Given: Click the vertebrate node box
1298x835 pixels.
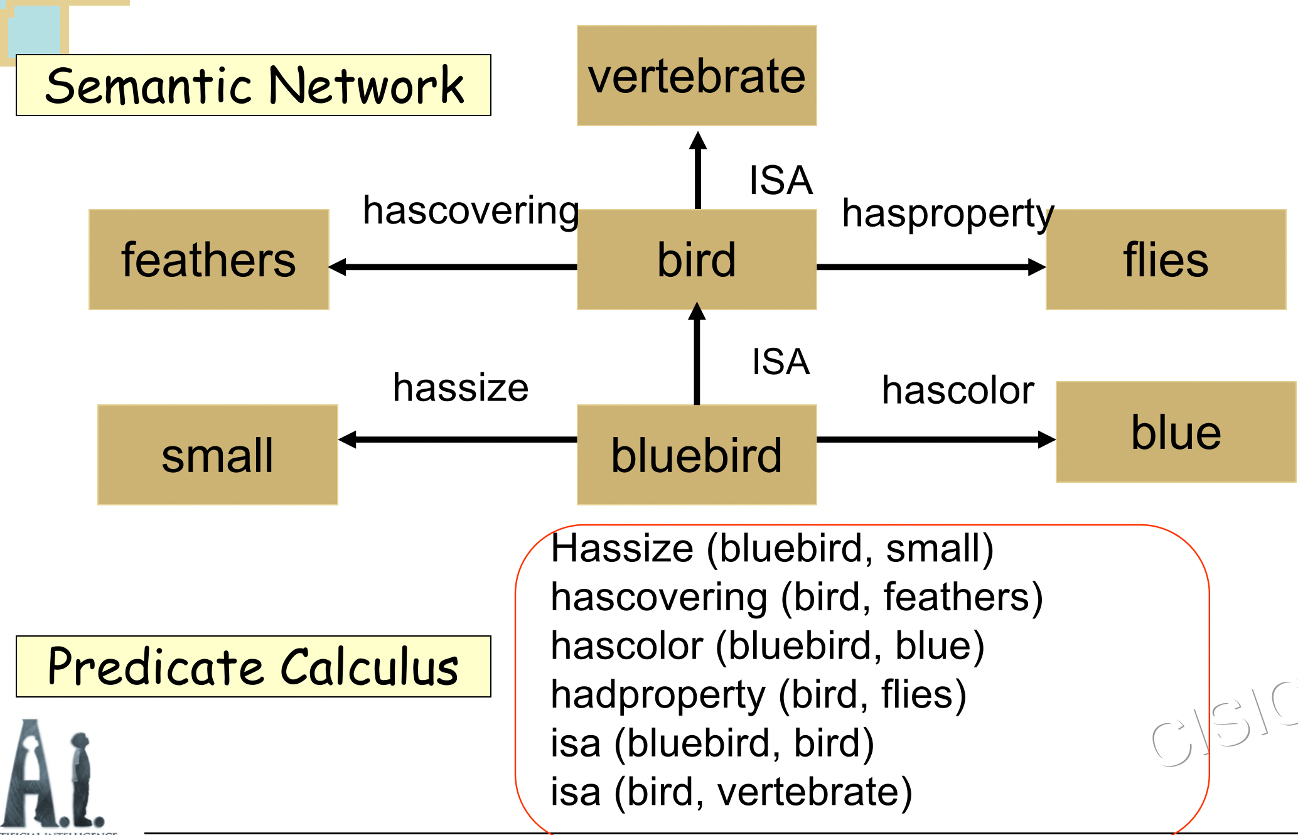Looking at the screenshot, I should click(x=697, y=75).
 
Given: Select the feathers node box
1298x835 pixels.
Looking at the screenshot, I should click(x=208, y=259).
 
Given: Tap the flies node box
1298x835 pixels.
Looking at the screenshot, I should click(x=1166, y=259).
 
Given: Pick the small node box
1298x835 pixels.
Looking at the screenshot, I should click(x=217, y=455).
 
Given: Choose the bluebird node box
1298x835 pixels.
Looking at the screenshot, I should click(x=697, y=455).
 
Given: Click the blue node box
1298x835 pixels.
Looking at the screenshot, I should click(x=1176, y=432).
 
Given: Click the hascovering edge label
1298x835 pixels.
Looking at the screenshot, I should click(x=471, y=211).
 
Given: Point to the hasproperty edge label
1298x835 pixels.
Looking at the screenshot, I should click(x=948, y=214).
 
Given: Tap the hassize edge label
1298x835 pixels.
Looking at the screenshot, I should click(x=461, y=387).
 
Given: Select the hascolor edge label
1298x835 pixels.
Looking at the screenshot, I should click(x=958, y=390).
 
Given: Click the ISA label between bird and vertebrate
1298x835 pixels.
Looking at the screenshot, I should click(x=781, y=180).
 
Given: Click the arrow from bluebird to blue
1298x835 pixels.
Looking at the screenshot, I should click(x=935, y=439).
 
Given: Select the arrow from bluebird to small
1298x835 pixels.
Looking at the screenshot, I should click(x=458, y=439).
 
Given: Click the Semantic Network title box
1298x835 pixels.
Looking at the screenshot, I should click(x=254, y=85).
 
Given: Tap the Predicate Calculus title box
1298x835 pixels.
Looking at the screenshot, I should click(x=254, y=667).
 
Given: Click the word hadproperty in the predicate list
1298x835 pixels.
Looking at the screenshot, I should click(x=658, y=695).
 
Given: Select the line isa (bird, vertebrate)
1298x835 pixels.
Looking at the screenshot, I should click(x=731, y=792).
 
